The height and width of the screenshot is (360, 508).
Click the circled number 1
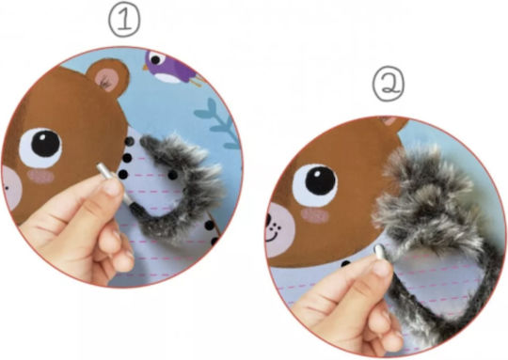pos(124,21)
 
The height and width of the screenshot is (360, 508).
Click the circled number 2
pos(389,85)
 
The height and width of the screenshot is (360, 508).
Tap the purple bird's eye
pos(155,60)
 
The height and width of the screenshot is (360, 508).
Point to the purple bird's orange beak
pos(146,68)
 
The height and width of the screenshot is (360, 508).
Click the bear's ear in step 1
pos(108,78)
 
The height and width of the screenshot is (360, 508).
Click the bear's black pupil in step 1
pos(46,143)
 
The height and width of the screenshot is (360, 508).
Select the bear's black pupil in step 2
pos(320,180)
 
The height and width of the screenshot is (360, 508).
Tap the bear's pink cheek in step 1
pos(40,177)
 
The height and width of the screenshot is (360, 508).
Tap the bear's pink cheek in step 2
pos(314,215)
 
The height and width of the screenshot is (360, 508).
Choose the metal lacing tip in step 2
pos(379,252)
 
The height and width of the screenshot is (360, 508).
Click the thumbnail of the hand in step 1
pos(113,187)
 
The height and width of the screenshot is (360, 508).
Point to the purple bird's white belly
pos(168,78)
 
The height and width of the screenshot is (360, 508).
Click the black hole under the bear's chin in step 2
pos(345,264)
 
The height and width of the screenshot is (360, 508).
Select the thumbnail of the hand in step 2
pos(381,268)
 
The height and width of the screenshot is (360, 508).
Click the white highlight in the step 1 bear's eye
pos(42,136)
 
